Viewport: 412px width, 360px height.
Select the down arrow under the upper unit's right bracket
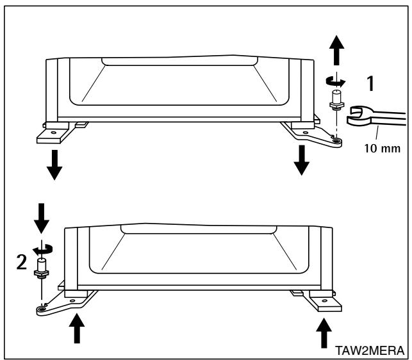(300, 160)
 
